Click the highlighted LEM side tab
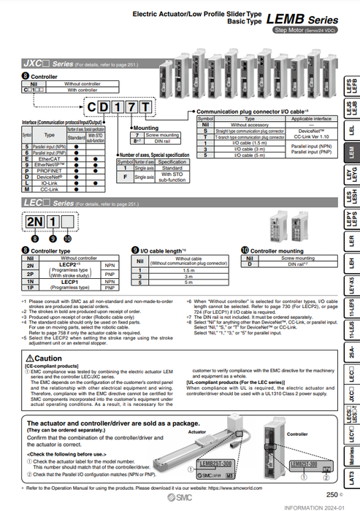coord(352,152)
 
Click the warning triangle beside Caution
coord(28,358)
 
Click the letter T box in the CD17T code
coord(145,108)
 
